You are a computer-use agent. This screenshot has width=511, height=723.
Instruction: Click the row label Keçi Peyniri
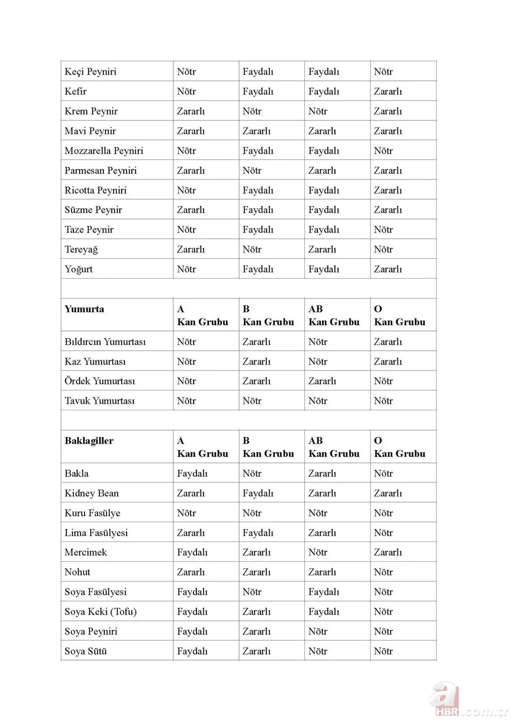[x=90, y=72]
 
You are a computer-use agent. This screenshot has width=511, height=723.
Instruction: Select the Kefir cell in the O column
[x=388, y=92]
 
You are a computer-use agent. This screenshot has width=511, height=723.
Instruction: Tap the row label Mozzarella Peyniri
[x=104, y=151]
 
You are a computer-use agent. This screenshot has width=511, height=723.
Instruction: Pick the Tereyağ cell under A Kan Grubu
[x=191, y=250]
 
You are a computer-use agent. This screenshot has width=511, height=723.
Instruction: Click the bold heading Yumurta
[x=84, y=309]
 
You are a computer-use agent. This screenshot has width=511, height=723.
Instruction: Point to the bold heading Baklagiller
[x=89, y=441]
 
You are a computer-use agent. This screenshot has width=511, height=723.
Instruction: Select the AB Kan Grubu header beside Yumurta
[x=334, y=316]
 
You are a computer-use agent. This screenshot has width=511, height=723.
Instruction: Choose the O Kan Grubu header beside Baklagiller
[x=400, y=447]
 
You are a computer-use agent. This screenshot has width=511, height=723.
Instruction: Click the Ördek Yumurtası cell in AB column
[x=322, y=381]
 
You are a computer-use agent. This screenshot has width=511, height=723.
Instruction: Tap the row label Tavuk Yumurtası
[x=99, y=401]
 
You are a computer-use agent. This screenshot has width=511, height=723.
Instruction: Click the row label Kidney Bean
[x=91, y=494]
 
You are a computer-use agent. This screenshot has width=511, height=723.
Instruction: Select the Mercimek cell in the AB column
[x=318, y=553]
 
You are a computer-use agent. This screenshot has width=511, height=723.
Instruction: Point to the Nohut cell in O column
[x=383, y=573]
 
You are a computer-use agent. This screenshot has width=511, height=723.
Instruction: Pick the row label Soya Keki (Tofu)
[x=100, y=612]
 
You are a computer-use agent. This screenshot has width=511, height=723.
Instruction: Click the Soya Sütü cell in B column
[x=257, y=651]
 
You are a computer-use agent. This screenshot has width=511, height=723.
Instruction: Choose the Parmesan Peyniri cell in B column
[x=252, y=171]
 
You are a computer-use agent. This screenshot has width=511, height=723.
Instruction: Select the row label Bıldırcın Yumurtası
[x=105, y=342]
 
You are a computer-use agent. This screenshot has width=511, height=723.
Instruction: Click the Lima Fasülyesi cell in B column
[x=258, y=533]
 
